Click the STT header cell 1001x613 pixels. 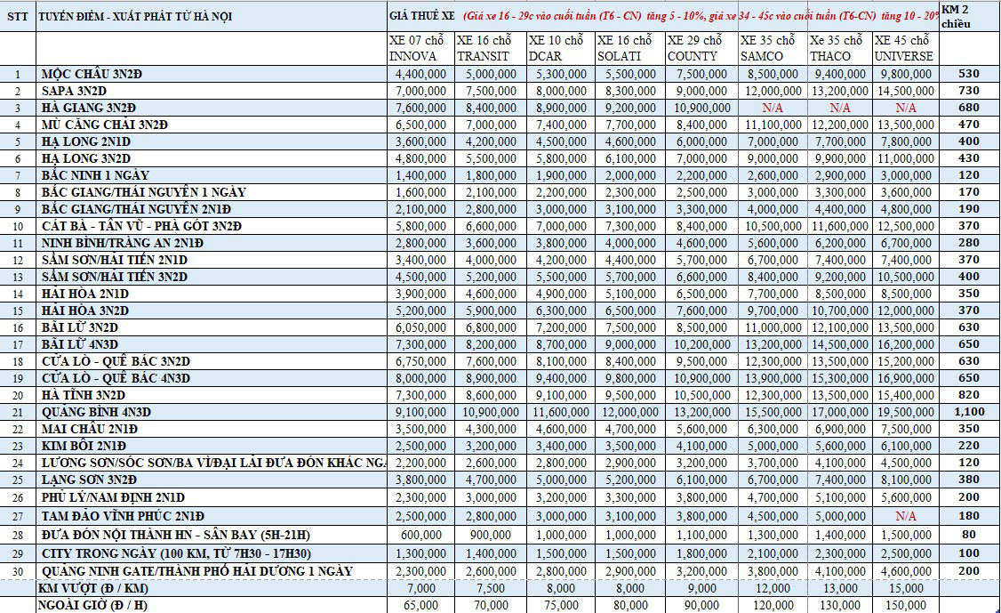17,17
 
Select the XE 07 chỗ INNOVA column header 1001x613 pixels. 417,48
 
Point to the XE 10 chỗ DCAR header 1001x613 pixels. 556,48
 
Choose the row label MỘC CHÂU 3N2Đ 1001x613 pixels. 92,74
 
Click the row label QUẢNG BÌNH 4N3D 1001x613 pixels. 96,412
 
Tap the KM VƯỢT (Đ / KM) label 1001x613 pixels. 93,588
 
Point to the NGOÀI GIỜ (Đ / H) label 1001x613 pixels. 92,605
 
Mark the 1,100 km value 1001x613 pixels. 969,412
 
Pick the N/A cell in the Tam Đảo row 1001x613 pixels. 906,516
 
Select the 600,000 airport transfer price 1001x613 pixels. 421,535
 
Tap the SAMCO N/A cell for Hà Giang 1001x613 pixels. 773,108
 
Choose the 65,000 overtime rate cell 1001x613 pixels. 421,605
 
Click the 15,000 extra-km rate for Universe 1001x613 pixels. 906,588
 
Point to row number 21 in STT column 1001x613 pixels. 18,413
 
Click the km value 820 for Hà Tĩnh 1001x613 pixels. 969,394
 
